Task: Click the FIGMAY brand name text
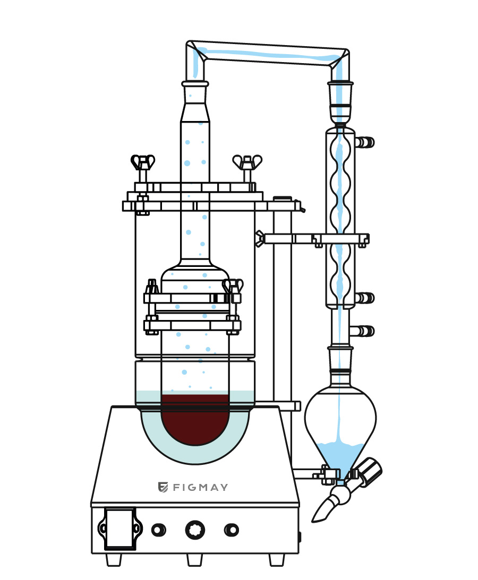200,487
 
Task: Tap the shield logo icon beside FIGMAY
163,487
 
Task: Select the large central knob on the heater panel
194,530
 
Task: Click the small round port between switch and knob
158,530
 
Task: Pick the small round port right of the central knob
231,530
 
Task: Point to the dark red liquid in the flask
195,419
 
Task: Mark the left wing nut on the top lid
143,162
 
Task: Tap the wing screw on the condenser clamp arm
260,238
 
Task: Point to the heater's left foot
114,559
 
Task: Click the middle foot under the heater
194,559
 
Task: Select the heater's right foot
276,559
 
